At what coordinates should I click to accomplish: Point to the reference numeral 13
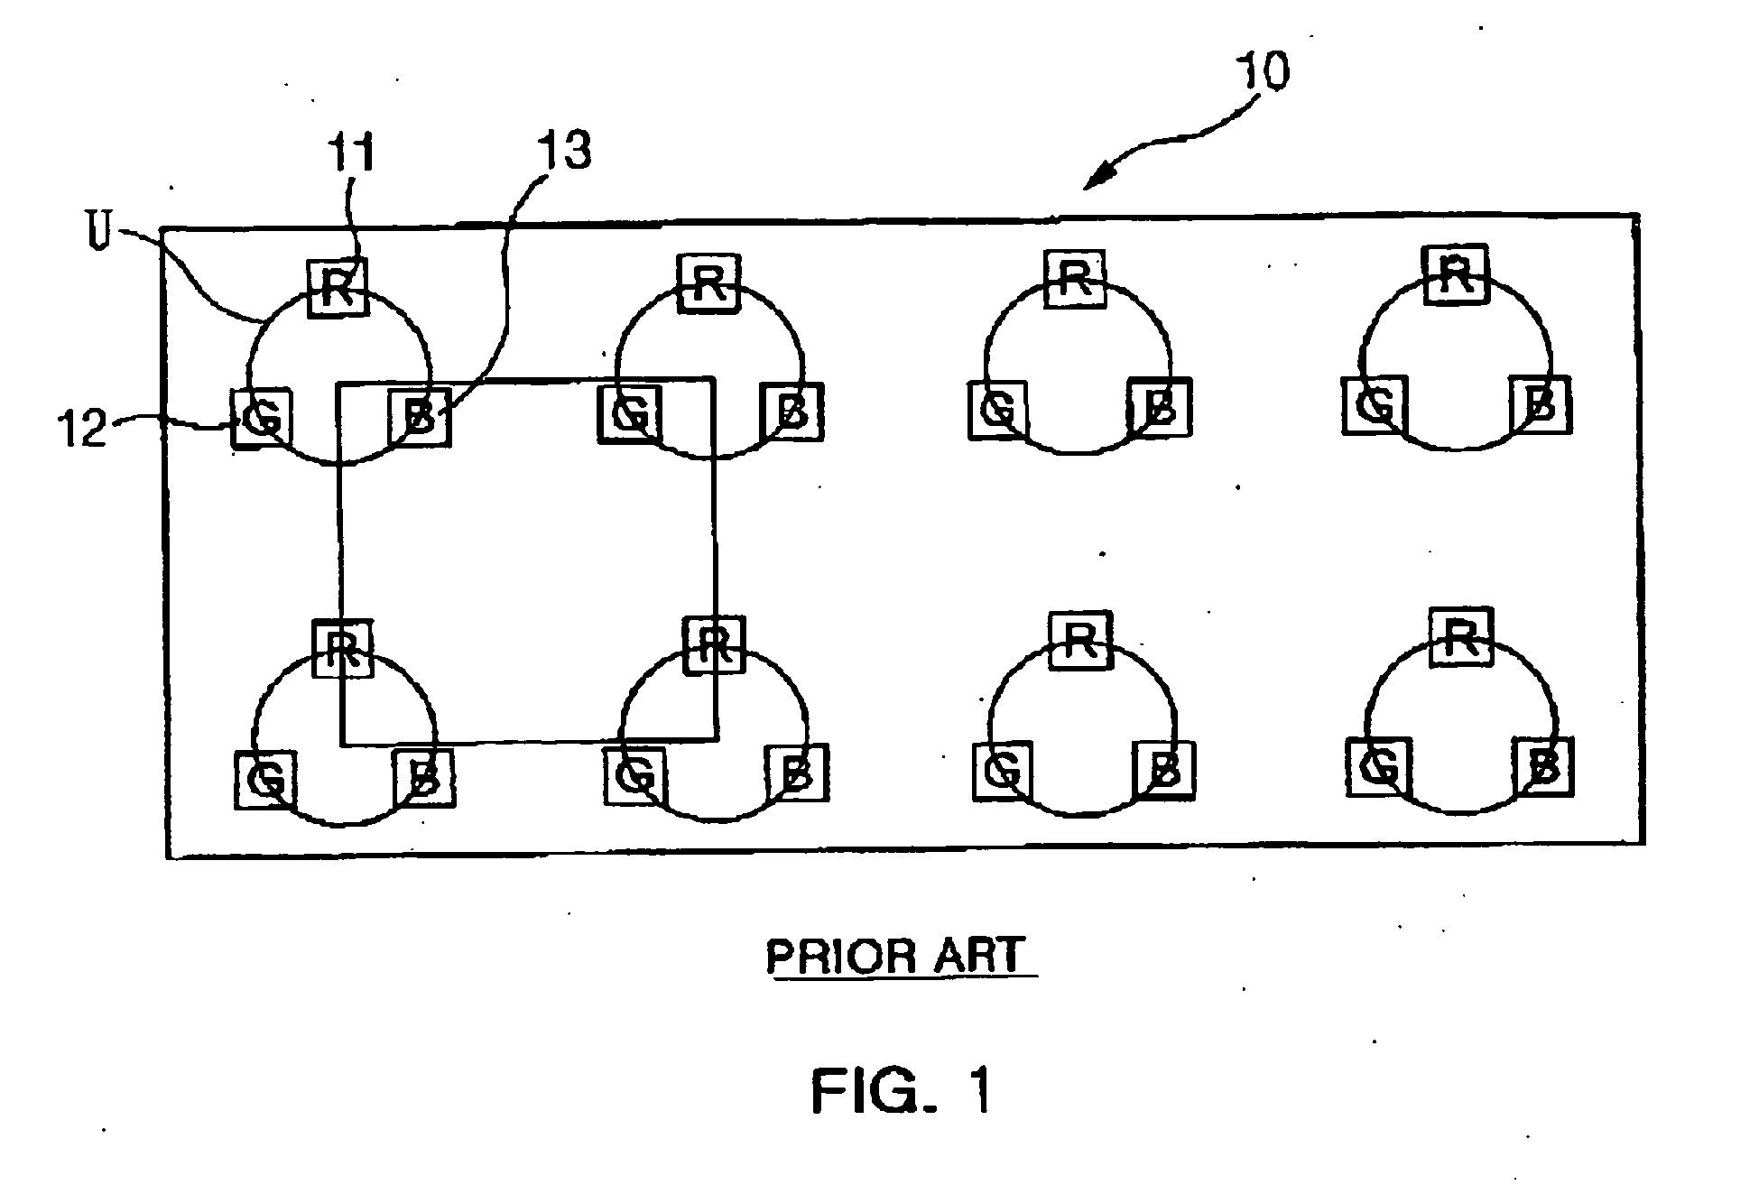565,151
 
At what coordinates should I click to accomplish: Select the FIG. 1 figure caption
902,1090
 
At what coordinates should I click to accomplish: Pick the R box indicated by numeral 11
338,288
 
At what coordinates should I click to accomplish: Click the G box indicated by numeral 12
262,417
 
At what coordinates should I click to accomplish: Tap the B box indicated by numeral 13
419,417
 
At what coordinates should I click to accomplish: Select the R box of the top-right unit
1454,273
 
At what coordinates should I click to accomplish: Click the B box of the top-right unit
1540,404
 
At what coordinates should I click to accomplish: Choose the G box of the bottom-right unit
1377,767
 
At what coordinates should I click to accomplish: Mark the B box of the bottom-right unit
1543,767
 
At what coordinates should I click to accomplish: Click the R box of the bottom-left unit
342,647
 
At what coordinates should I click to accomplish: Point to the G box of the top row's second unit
630,412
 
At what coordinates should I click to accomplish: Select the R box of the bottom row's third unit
1081,639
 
